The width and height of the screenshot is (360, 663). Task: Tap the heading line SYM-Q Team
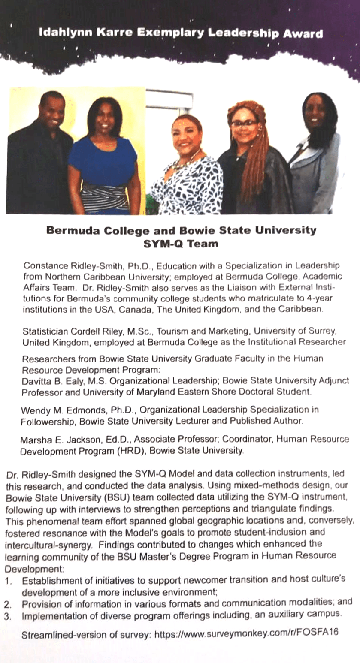(x=181, y=244)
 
